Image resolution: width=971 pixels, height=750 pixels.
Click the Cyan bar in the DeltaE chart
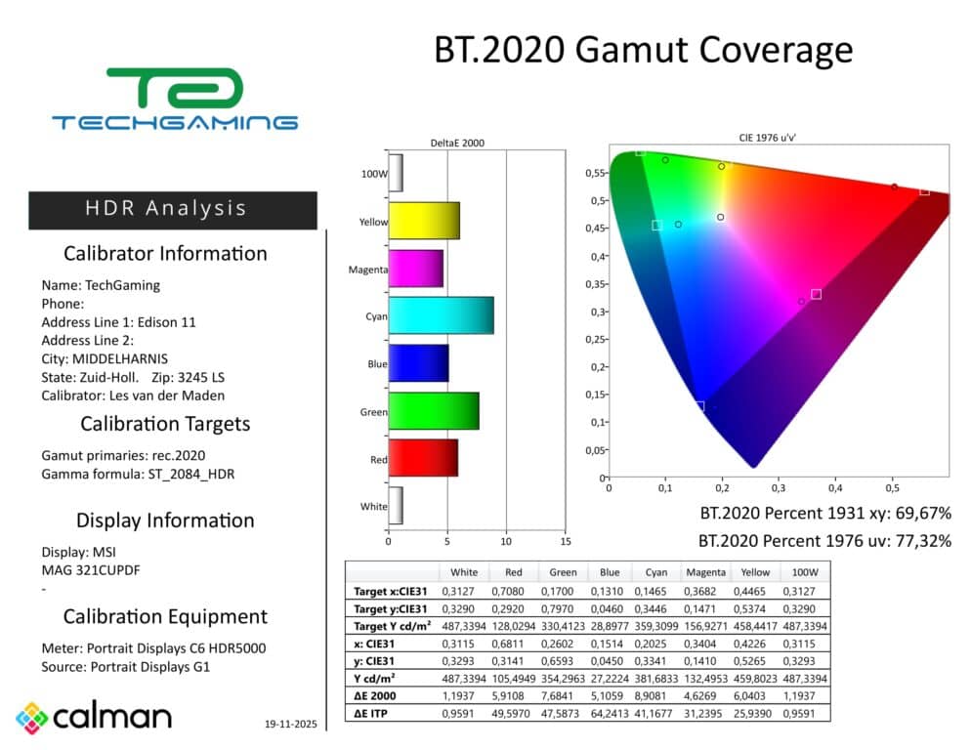(441, 315)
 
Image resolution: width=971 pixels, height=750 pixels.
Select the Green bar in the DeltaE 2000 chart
(434, 410)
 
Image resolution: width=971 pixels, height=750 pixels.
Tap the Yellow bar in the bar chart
(424, 221)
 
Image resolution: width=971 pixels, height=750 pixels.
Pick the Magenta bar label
(368, 270)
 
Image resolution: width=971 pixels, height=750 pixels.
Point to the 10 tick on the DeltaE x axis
(506, 541)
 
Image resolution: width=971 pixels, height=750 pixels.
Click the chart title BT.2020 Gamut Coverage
(643, 50)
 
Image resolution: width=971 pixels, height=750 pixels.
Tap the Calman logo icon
(32, 718)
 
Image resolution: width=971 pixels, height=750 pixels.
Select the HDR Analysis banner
(173, 209)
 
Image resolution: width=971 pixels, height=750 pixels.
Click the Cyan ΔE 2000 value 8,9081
(654, 696)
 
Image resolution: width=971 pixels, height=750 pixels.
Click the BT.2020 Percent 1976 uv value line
(825, 540)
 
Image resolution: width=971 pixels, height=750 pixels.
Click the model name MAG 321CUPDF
(91, 570)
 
